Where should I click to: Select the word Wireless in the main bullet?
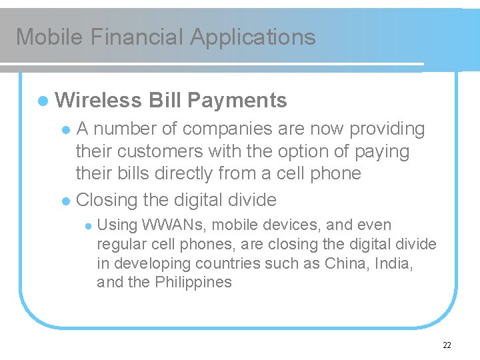(x=99, y=101)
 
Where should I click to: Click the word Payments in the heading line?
(x=237, y=101)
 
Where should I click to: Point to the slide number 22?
(x=447, y=345)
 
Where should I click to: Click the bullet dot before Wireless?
(x=43, y=101)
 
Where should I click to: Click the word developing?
(x=152, y=263)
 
